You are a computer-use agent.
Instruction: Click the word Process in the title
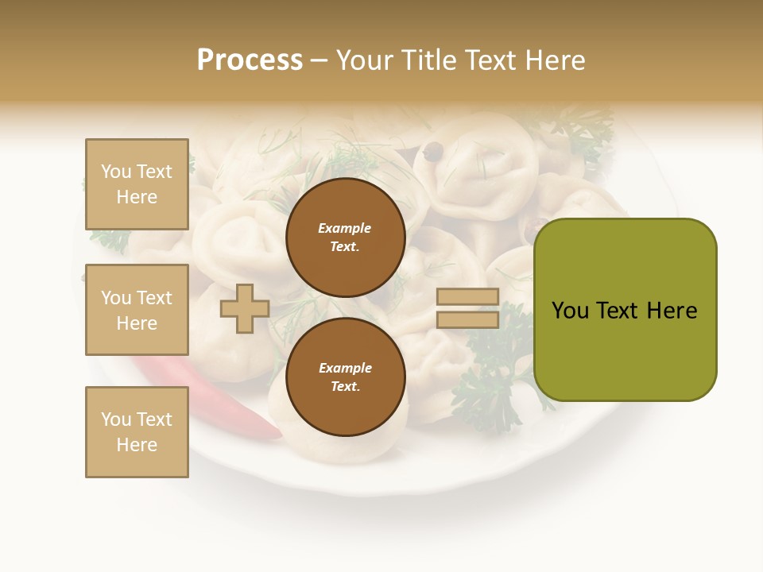point(250,60)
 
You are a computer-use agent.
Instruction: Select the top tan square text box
point(137,184)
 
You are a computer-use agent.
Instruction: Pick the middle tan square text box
point(137,310)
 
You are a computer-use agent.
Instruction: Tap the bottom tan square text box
point(137,432)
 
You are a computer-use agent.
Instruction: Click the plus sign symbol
point(245,308)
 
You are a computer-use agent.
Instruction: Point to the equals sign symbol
point(467,308)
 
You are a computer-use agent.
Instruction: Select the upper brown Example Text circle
point(345,237)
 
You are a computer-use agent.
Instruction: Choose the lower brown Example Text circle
point(345,377)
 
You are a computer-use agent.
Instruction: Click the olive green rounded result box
point(625,310)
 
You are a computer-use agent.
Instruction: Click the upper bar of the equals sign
point(467,296)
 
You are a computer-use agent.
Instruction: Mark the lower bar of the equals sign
point(467,319)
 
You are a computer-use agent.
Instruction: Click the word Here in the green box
point(672,311)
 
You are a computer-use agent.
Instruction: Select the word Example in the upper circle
point(345,228)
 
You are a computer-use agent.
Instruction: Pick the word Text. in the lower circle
point(345,386)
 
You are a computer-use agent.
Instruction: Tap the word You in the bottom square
point(116,419)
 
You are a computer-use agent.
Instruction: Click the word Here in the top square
point(137,197)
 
